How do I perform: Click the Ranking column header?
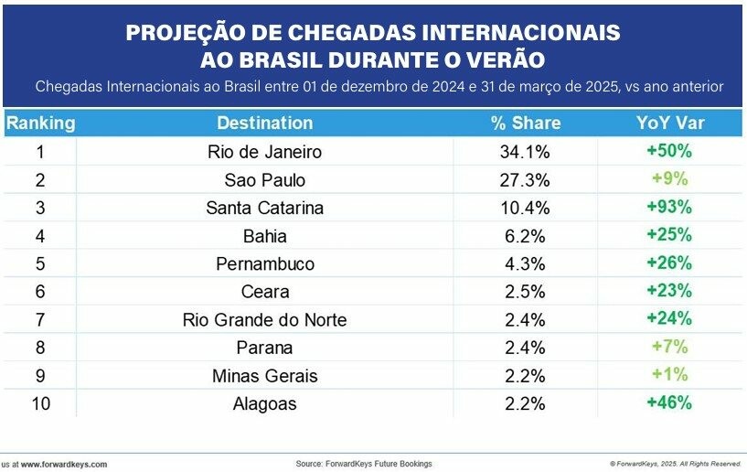click(40, 123)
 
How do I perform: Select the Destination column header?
click(265, 123)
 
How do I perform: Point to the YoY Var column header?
click(670, 123)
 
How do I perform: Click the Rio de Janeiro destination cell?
click(265, 151)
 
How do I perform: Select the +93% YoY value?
click(669, 207)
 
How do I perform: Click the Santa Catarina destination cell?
click(265, 208)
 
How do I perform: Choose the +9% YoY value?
click(669, 178)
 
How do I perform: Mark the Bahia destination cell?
click(265, 236)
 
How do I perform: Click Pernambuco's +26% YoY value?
click(669, 263)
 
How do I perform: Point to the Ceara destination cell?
click(265, 292)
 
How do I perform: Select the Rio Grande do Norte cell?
click(265, 320)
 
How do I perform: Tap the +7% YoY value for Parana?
click(669, 347)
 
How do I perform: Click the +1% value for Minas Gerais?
click(669, 374)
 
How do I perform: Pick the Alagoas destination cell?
click(265, 403)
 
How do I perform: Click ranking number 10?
click(40, 403)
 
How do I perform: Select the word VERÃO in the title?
click(503, 60)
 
